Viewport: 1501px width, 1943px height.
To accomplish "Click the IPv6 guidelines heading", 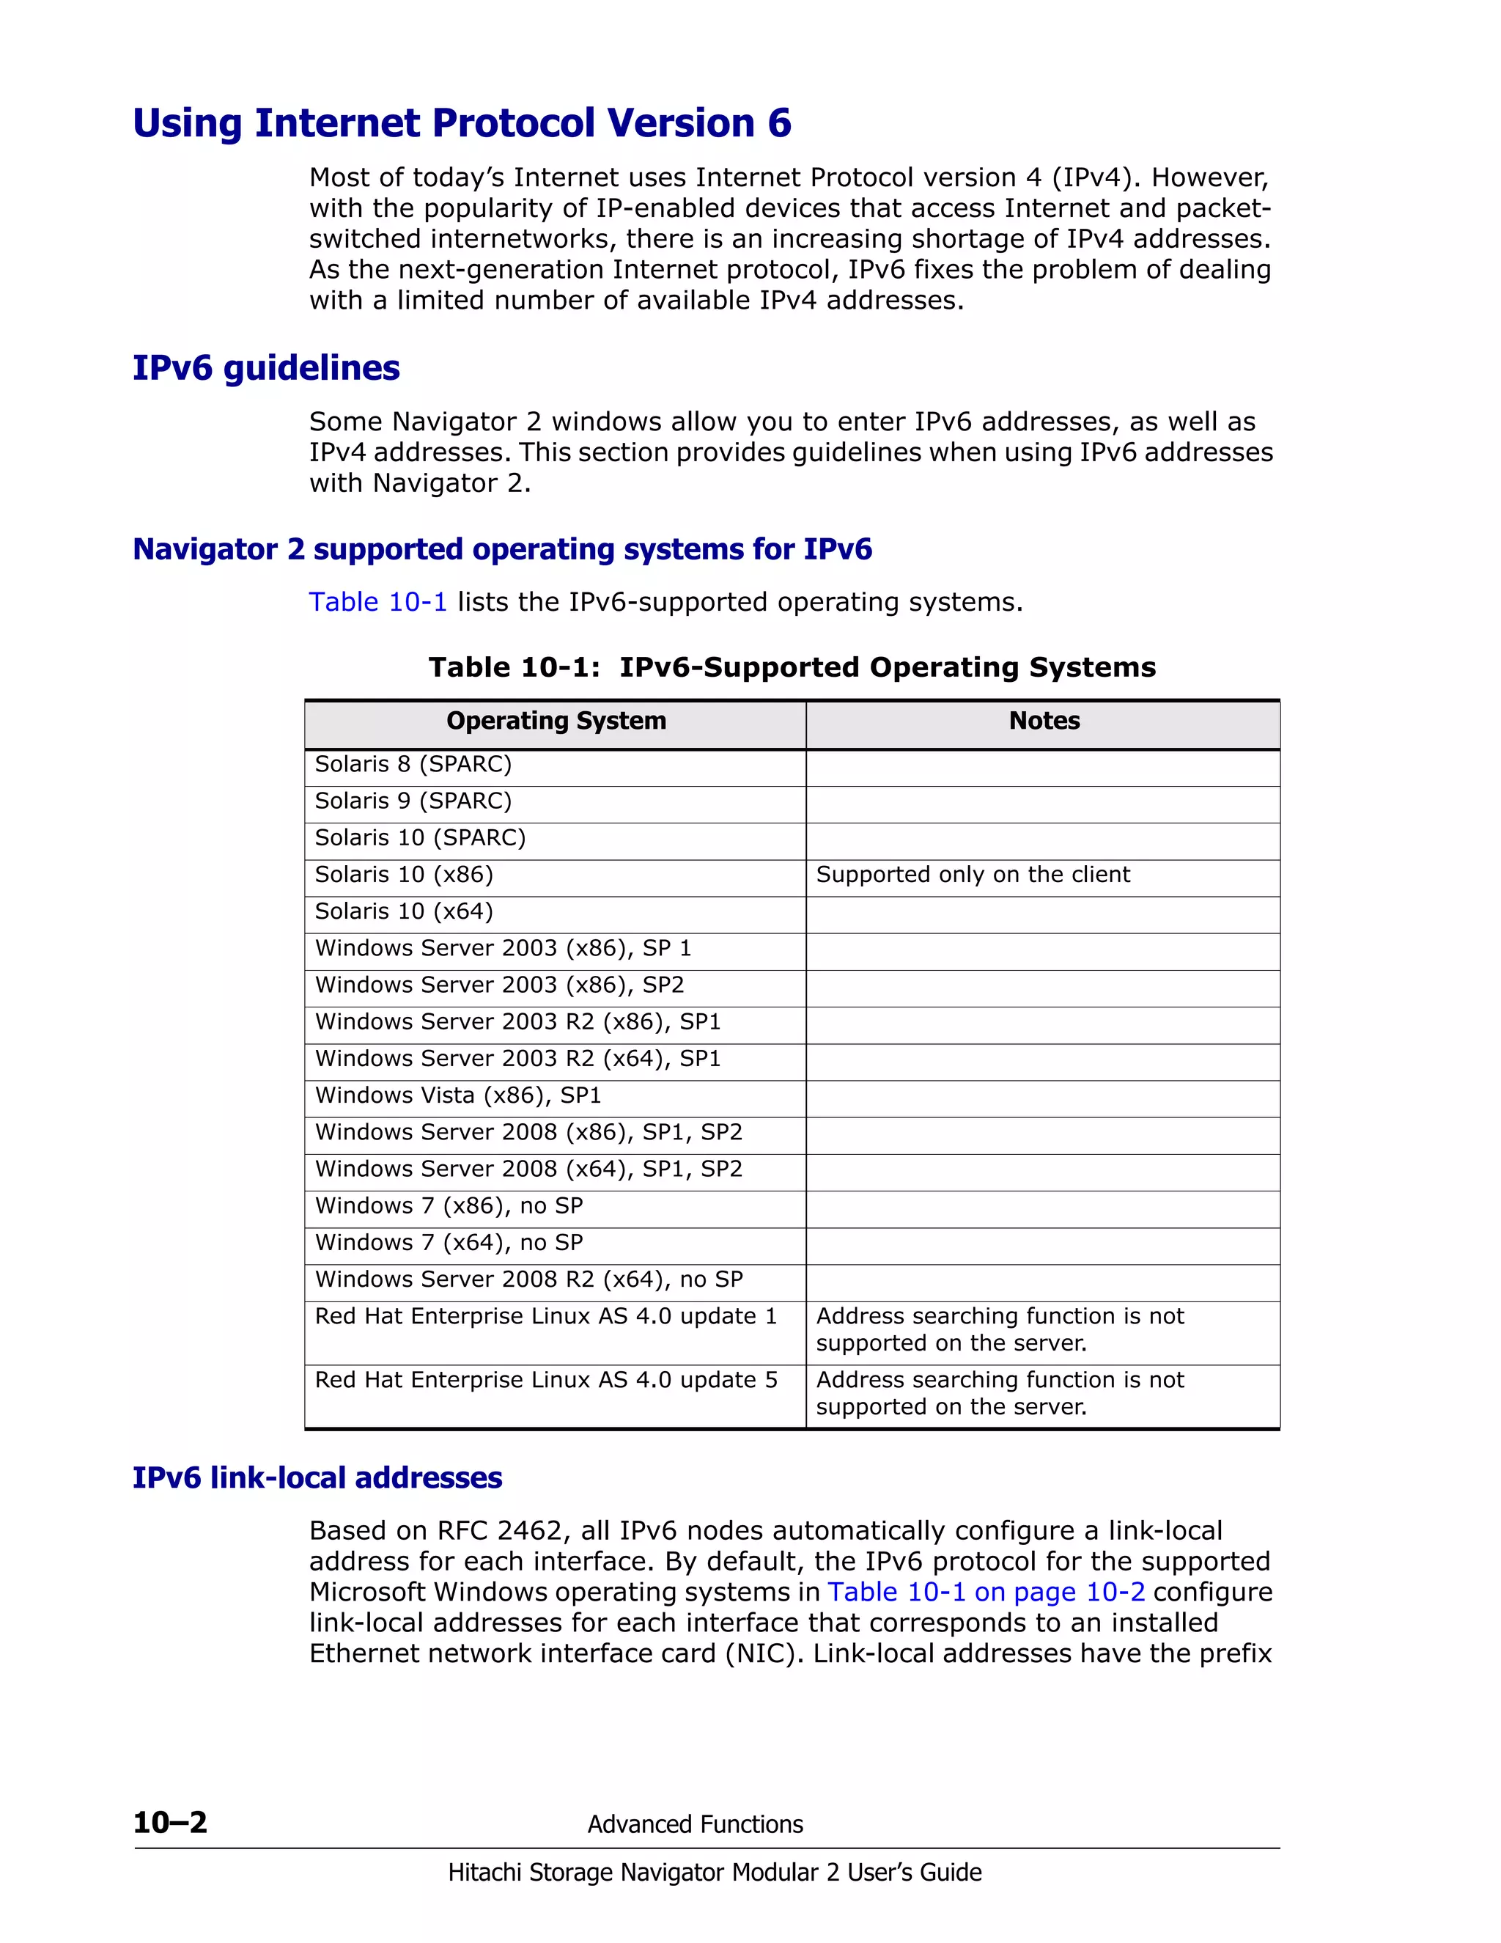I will [x=266, y=367].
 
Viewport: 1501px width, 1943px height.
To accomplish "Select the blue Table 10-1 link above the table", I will [x=377, y=602].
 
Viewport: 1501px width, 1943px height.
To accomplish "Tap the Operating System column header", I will [x=556, y=721].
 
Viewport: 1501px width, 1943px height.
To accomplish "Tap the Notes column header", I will [x=1044, y=721].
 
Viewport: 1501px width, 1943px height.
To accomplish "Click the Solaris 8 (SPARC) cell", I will [x=413, y=764].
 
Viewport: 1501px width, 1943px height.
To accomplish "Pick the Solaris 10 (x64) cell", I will [x=404, y=911].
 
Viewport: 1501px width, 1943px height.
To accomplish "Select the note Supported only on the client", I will [x=973, y=875].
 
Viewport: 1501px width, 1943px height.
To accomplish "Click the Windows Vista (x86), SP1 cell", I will [x=458, y=1095].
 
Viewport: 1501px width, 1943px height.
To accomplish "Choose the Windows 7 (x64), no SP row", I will [x=449, y=1242].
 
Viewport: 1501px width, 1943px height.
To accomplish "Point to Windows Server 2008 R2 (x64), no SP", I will [x=529, y=1279].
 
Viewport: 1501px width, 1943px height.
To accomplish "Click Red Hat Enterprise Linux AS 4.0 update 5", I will [x=546, y=1380].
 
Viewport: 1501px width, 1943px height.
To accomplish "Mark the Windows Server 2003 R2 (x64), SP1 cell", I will [x=517, y=1059].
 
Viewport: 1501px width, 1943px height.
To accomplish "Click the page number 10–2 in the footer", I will [x=170, y=1823].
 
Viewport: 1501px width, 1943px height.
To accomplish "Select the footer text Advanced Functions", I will [x=695, y=1825].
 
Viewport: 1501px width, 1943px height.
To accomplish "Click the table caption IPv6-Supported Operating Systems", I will [x=887, y=667].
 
